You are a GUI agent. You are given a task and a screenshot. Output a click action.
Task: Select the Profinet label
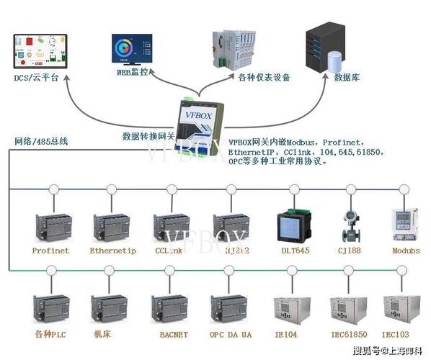[x=50, y=251]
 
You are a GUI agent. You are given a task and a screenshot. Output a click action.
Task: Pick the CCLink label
[x=170, y=251]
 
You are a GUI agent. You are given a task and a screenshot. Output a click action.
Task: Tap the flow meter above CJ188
[x=350, y=224]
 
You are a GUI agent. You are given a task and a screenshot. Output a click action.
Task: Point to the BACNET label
[x=174, y=335]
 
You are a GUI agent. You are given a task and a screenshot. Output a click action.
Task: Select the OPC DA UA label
[x=231, y=335]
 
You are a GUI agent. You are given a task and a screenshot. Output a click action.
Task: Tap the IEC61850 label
[x=348, y=335]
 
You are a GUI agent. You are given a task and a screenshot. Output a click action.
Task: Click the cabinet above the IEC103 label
[x=401, y=308]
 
